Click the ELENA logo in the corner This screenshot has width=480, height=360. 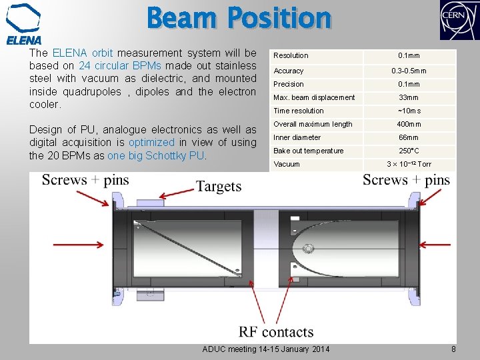(x=24, y=23)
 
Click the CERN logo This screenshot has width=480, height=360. (x=458, y=21)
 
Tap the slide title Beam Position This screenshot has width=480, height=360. (x=239, y=18)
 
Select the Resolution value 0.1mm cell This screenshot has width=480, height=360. (x=409, y=55)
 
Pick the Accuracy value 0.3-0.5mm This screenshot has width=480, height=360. (x=409, y=71)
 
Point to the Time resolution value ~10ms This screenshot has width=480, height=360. (x=409, y=111)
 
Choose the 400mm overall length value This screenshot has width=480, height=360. (x=409, y=124)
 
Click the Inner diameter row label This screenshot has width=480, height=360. (x=297, y=137)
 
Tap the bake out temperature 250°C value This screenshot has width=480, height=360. (x=409, y=151)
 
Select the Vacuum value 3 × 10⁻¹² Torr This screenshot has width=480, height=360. (x=409, y=164)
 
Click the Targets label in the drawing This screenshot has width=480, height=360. (x=218, y=186)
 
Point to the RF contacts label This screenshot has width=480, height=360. (x=276, y=332)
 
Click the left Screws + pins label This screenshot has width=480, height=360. (x=85, y=180)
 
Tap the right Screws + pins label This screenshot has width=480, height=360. (x=406, y=180)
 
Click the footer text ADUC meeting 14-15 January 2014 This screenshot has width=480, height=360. (x=265, y=349)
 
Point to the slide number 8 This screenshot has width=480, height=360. (x=453, y=349)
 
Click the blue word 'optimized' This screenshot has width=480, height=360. (x=151, y=143)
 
